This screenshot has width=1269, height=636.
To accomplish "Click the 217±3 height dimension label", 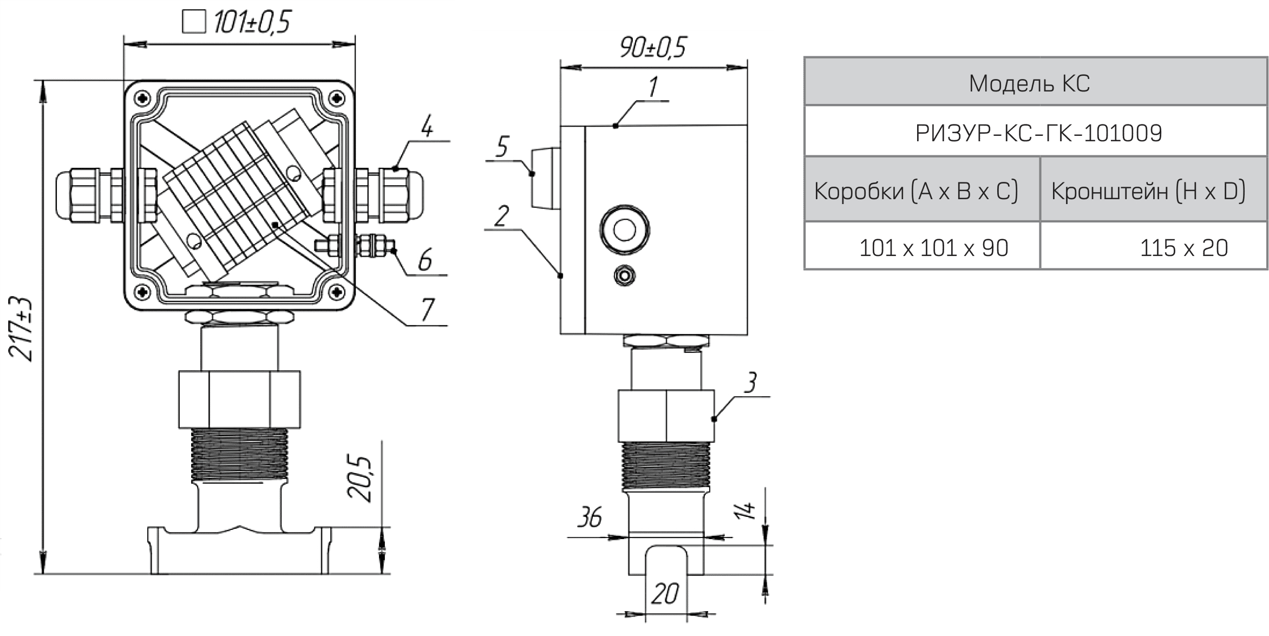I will click(x=22, y=329).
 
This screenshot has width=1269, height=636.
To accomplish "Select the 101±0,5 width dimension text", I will click(x=252, y=22).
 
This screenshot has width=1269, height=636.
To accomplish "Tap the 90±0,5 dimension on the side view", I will click(x=653, y=48).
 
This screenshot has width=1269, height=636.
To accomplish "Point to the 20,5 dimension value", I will click(x=360, y=478).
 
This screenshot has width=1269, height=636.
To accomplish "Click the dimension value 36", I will click(x=589, y=517).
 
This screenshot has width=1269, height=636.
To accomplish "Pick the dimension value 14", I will click(x=746, y=509).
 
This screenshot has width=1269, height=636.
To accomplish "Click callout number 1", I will click(x=653, y=87).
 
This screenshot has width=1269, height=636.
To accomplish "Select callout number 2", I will click(x=502, y=217).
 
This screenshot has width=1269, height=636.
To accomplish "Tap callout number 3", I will click(x=750, y=383).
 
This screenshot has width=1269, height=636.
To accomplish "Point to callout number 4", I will click(x=427, y=126).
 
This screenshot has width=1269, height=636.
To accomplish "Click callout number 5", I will click(x=502, y=146).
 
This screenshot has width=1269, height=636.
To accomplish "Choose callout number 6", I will click(x=425, y=260).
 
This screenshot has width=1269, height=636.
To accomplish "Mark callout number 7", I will click(x=428, y=310).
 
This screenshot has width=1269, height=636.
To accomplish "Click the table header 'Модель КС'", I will click(x=1029, y=83).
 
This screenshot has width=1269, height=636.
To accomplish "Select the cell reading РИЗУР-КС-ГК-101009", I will click(x=1038, y=133).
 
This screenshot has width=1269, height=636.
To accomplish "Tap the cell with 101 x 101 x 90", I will click(x=933, y=248).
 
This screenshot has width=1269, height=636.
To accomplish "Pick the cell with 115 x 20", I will click(x=1183, y=248).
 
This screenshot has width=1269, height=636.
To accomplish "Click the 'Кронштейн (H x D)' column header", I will click(x=1148, y=191).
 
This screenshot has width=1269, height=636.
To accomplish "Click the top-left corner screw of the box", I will click(x=143, y=99).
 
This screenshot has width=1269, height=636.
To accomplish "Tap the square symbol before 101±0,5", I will click(x=193, y=22).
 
